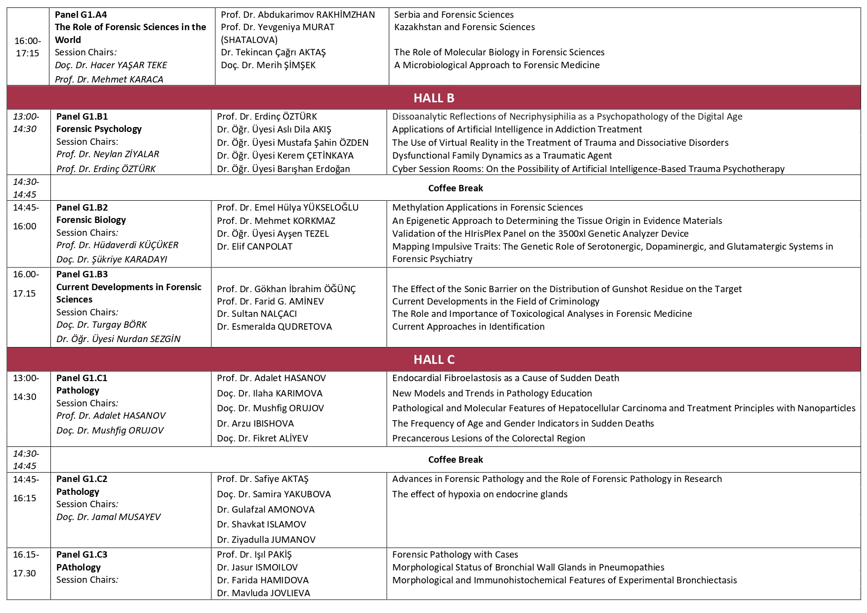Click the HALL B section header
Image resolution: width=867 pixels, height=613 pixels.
pos(433,98)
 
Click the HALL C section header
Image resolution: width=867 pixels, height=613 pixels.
pos(433,359)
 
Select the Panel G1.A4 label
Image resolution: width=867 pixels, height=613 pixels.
pos(81,14)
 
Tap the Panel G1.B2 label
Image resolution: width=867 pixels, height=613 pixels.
pos(82,207)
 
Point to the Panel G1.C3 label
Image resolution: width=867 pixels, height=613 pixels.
pos(82,554)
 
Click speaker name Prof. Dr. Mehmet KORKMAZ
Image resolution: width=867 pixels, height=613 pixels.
pos(276,220)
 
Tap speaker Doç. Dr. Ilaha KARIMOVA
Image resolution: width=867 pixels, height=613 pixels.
pos(269,393)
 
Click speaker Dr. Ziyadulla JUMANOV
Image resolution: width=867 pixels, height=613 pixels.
pos(266,539)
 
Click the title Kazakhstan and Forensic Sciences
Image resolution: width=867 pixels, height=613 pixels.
pos(464,27)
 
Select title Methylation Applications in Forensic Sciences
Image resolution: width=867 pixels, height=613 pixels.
pos(487,207)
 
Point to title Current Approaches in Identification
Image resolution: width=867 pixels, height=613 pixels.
pos(468,326)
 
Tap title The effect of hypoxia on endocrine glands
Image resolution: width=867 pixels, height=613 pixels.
pos(480,494)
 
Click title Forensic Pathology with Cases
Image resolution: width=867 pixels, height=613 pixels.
pos(455,554)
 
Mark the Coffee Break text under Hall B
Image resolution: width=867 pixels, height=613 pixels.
pos(455,188)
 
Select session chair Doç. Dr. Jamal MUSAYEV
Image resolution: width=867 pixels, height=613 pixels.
pos(109,517)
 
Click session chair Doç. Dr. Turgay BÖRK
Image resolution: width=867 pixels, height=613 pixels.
pos(101,324)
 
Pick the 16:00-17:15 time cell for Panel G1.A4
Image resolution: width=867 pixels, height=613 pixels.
pos(28,46)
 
